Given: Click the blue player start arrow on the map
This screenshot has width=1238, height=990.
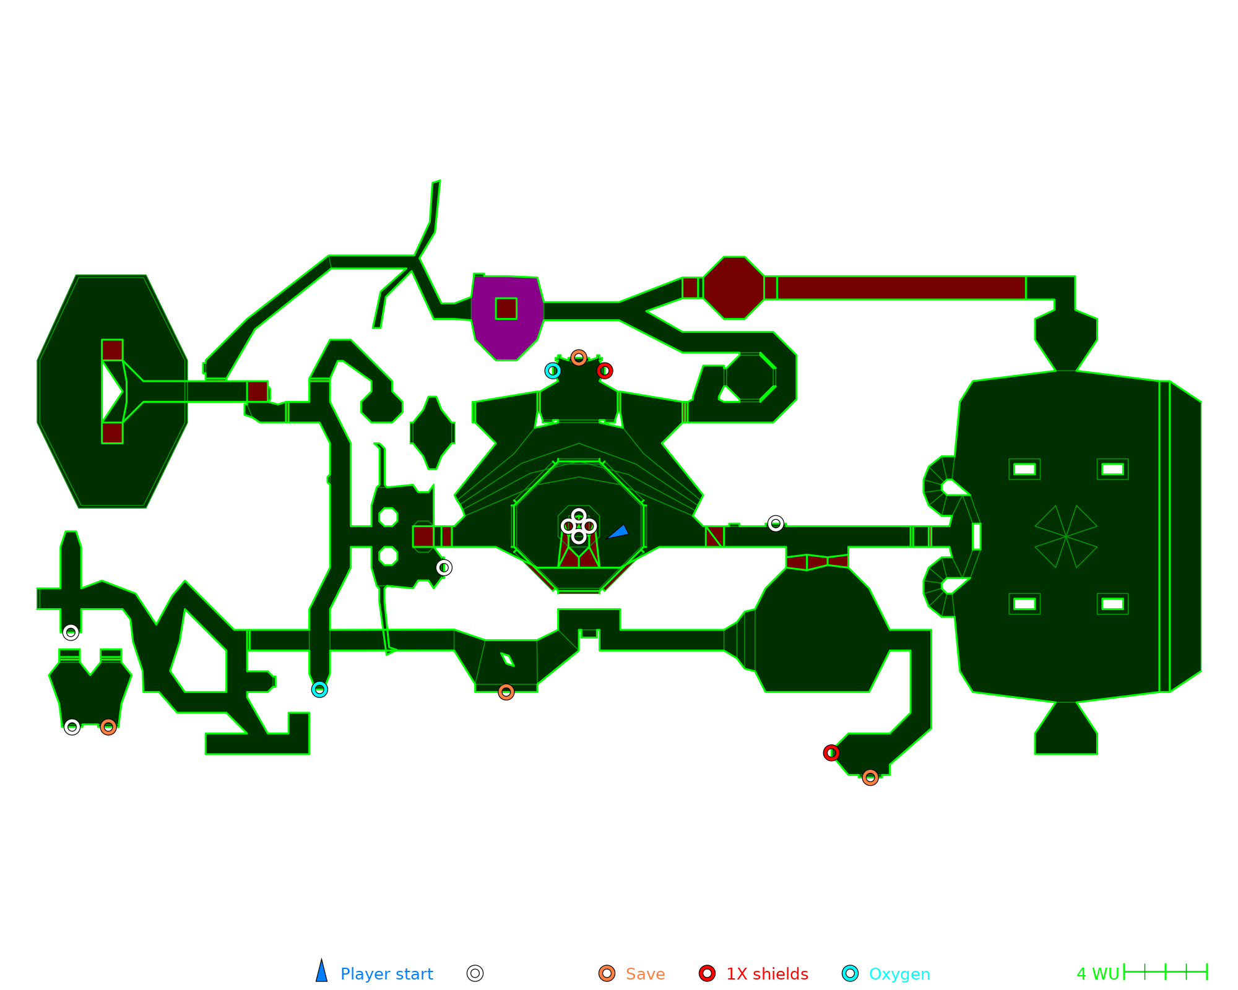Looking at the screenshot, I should tap(618, 532).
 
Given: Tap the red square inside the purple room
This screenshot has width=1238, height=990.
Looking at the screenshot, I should tap(506, 308).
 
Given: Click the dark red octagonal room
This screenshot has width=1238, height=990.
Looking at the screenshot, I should tap(734, 288).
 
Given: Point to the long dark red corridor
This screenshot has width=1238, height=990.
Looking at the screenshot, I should tap(901, 288).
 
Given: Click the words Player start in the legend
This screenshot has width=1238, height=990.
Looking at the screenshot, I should tap(386, 974).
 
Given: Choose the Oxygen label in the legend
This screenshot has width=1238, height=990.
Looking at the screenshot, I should tap(899, 974).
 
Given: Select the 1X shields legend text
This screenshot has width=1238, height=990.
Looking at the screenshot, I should tap(767, 974).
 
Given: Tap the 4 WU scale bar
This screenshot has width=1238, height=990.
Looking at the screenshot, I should tap(1165, 972).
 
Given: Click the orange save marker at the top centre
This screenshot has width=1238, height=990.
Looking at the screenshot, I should tap(578, 358).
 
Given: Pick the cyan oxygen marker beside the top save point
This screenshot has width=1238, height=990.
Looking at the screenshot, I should tap(553, 371).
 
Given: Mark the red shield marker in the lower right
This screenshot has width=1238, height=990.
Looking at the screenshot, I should tap(831, 753).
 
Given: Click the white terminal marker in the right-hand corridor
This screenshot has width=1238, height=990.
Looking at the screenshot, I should tap(776, 524).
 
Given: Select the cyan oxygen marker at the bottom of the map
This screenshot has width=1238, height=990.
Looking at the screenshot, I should tap(319, 689).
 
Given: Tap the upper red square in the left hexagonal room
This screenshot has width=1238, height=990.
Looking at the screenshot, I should tap(112, 350).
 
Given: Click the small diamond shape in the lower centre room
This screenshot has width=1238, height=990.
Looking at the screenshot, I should tap(508, 660).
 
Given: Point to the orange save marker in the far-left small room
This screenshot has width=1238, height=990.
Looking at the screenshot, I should tap(108, 727).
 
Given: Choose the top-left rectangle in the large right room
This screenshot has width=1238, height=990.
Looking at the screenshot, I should tap(1024, 469).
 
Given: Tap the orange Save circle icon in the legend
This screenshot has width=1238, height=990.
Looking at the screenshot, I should tap(607, 973).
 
